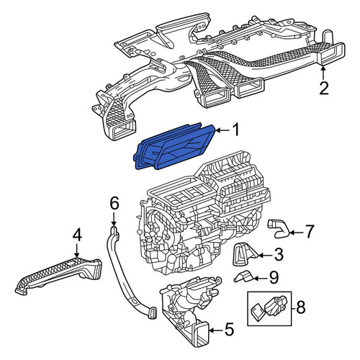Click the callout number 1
coord(236,130)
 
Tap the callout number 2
coord(324,88)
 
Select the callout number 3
coord(279,255)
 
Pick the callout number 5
coord(229,329)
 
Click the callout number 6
coord(114,204)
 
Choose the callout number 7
coord(309,232)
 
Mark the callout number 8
coord(300,307)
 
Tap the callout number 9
coord(274,278)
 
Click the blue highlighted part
coord(175,147)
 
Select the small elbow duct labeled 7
coord(279,228)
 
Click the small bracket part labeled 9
coord(244,276)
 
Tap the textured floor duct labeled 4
coord(59,276)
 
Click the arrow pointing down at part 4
coord(76,251)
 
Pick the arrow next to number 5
coord(216,330)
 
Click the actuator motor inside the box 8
coord(275,305)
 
